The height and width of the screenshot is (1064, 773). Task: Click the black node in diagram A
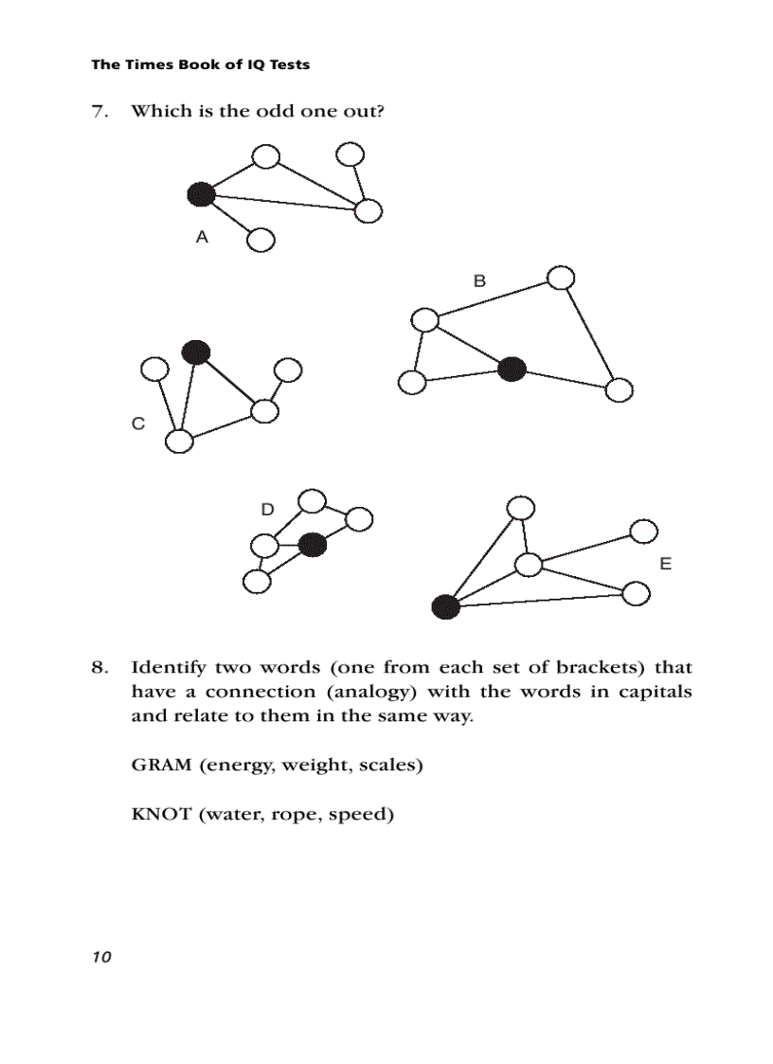[x=201, y=194]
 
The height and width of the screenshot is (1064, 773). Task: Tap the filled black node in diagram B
[x=512, y=369]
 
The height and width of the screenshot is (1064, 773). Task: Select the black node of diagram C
[x=195, y=352]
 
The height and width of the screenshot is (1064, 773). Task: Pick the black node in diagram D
[x=312, y=545]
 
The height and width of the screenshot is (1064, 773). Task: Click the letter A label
[x=202, y=238]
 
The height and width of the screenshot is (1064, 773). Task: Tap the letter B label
[x=479, y=280]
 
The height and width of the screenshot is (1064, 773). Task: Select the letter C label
[x=138, y=424]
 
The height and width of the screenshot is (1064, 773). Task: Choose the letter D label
[x=268, y=510]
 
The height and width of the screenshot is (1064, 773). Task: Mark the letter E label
[x=665, y=564]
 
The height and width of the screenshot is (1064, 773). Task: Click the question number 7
[x=98, y=112]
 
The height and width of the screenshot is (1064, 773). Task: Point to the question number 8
[x=98, y=667]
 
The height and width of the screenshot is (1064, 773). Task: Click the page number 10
[x=101, y=957]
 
